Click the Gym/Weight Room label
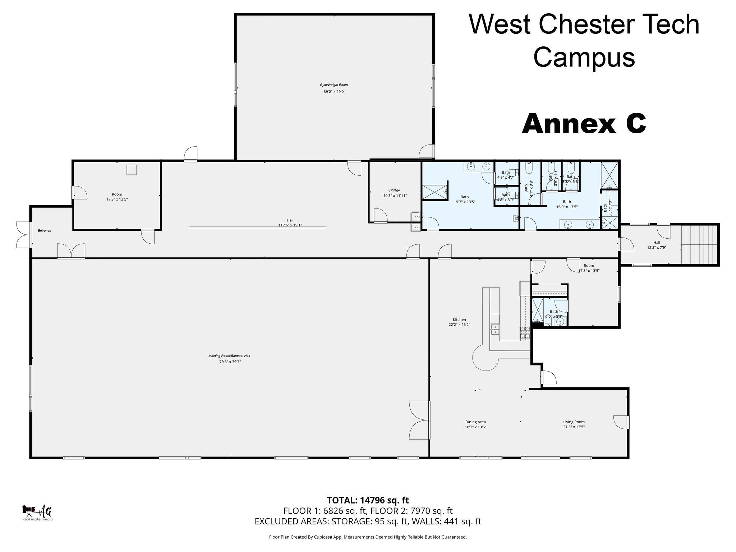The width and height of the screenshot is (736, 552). [334, 85]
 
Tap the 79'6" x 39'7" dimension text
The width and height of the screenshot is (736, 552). [230, 362]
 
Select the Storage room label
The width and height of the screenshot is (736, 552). [394, 190]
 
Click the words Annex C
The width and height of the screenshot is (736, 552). [584, 124]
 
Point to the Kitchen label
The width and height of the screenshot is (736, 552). [459, 319]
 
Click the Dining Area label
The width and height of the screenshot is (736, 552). [475, 422]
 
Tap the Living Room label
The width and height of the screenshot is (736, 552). [574, 422]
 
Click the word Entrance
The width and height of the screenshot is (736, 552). [44, 231]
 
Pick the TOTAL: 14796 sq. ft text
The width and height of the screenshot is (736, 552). [368, 500]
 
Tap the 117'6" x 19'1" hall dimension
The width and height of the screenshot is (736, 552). [290, 225]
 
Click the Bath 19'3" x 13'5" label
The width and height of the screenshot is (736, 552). [464, 199]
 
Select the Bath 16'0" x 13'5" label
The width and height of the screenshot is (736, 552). [567, 204]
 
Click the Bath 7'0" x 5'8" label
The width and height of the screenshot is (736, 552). [554, 314]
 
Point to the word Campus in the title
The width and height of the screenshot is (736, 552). [584, 57]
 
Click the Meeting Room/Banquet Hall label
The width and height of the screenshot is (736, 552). [229, 356]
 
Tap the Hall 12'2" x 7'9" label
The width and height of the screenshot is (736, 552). [657, 245]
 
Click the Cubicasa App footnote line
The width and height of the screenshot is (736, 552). [368, 537]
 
